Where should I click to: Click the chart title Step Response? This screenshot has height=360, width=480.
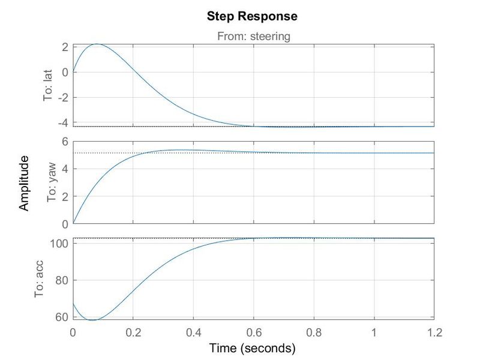click(252, 16)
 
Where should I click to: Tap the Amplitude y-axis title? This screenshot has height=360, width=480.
click(24, 183)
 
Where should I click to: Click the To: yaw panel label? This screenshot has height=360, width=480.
click(49, 183)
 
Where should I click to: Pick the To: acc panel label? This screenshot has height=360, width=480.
click(40, 280)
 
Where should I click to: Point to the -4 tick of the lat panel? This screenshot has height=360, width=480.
click(62, 122)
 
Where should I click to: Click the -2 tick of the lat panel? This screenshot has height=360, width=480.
click(62, 97)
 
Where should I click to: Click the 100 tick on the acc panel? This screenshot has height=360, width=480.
click(60, 243)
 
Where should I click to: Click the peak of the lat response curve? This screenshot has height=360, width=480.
click(97, 44)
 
